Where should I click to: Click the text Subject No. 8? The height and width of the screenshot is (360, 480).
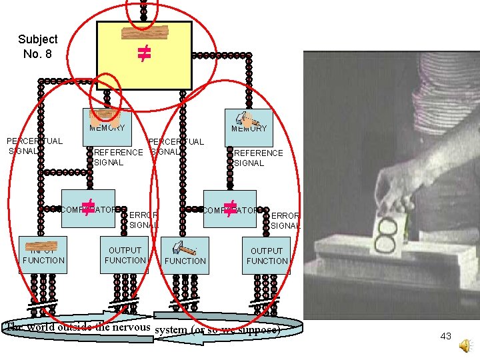tap(37, 46)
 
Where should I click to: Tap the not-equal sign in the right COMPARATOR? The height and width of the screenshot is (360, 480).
tap(230, 209)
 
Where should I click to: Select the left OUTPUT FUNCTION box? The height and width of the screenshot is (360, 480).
tap(125, 255)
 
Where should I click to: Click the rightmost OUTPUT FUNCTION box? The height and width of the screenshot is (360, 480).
tap(267, 255)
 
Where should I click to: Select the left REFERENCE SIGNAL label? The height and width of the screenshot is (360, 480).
tap(118, 157)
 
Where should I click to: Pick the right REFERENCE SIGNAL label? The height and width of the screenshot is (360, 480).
tap(258, 158)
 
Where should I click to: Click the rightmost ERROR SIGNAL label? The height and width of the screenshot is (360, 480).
tap(285, 221)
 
